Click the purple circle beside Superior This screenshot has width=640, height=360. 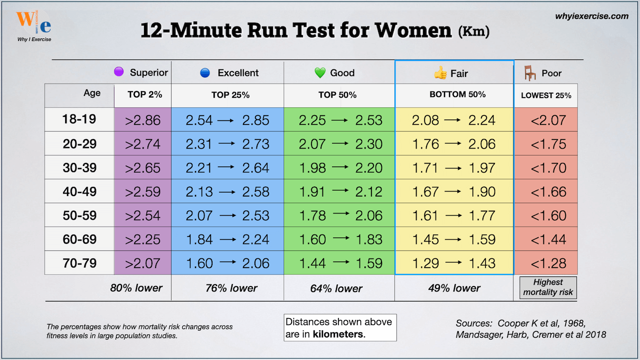[118, 72]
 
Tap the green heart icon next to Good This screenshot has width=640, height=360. [320, 73]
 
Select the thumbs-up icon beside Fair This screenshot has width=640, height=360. [440, 73]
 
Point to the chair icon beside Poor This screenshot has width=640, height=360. [530, 73]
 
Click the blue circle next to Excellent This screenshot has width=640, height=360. [204, 73]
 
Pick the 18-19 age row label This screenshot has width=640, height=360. [79, 119]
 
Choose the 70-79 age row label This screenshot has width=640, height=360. [79, 262]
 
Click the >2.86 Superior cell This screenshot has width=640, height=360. [142, 120]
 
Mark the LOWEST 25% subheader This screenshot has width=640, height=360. [546, 95]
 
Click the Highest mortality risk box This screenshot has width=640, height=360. [548, 287]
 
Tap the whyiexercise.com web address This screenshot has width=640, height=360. [591, 16]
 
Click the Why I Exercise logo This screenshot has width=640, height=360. [33, 24]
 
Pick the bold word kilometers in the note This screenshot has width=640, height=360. [338, 334]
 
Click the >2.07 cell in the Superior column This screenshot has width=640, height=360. [142, 263]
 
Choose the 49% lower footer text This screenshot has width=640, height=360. [454, 288]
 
